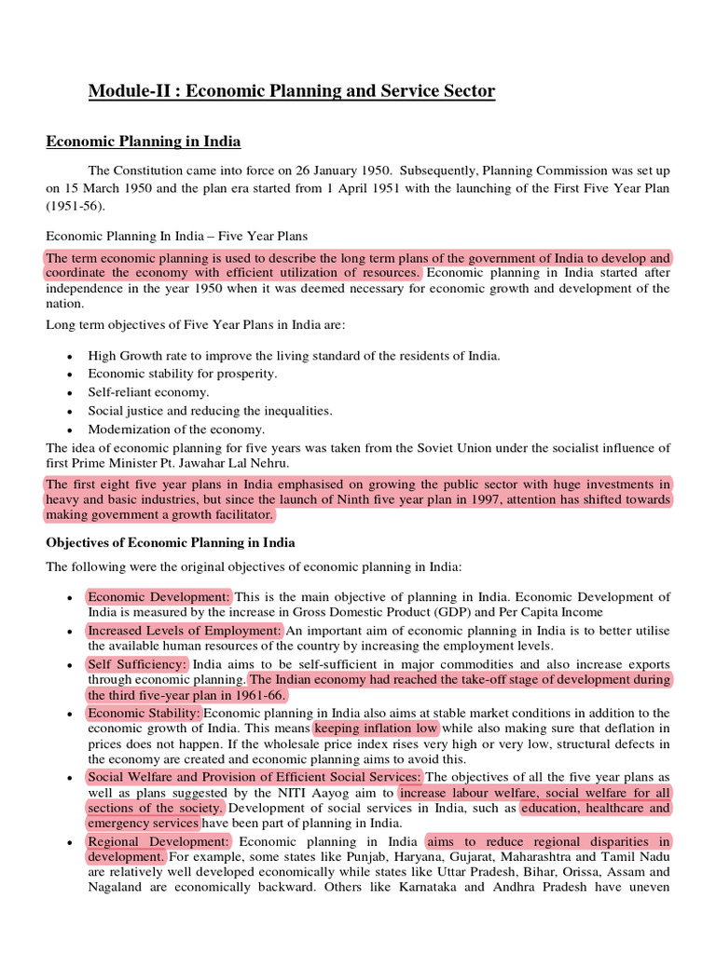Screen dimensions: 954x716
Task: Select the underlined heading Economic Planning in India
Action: click(x=144, y=142)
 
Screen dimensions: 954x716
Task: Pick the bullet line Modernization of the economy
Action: click(x=176, y=429)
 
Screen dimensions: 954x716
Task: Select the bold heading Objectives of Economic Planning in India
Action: click(x=171, y=542)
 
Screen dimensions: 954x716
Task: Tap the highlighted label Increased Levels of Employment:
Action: click(x=184, y=631)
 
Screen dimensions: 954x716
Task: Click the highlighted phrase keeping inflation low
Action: click(x=376, y=729)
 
